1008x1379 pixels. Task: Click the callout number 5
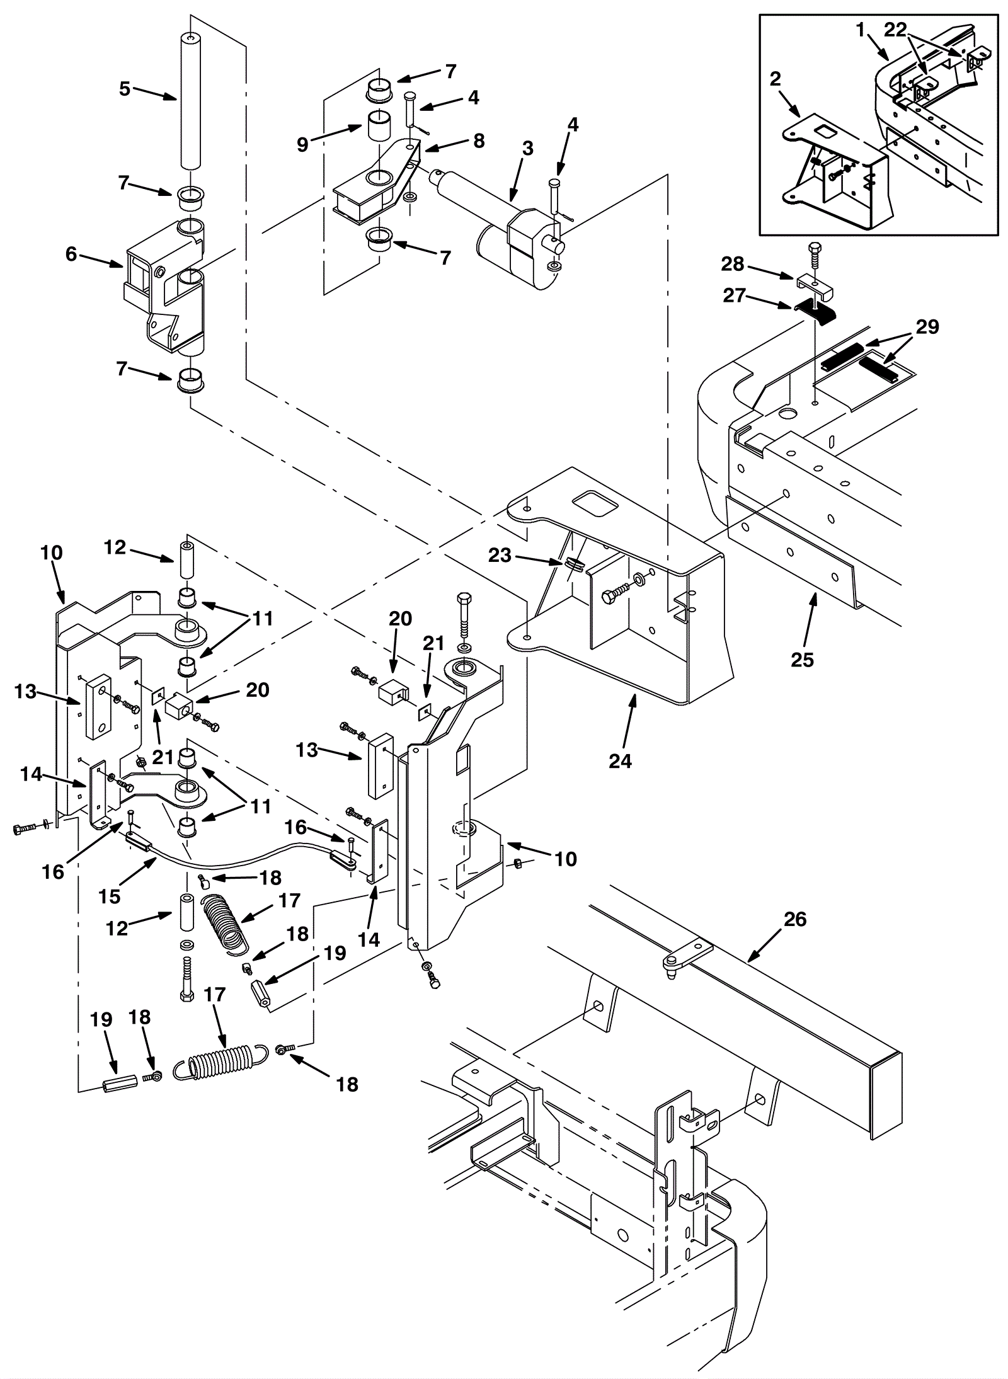(125, 89)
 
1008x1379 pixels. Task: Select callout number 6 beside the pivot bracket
(71, 255)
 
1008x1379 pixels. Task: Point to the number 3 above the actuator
(527, 149)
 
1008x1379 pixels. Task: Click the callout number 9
(304, 144)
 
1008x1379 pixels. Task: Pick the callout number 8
(479, 141)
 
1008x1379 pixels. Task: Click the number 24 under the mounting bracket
(620, 762)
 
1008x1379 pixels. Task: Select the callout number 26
(795, 920)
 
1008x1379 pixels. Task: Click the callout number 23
(501, 556)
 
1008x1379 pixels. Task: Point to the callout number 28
(733, 264)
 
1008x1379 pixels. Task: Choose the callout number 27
(735, 296)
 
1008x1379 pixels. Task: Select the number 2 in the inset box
(776, 79)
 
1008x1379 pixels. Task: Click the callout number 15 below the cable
(110, 896)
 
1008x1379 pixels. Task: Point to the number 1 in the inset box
(861, 29)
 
